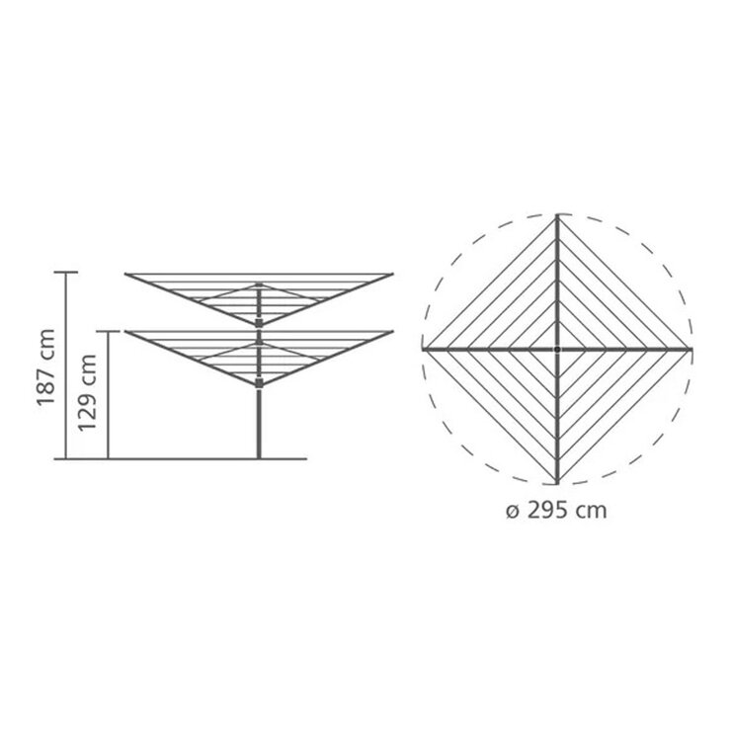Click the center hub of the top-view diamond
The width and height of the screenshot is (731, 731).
click(x=558, y=349)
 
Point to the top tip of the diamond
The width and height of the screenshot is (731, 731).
click(x=558, y=214)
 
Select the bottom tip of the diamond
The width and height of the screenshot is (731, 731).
click(x=558, y=484)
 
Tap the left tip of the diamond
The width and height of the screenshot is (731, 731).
click(x=424, y=349)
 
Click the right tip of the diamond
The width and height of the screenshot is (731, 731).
click(x=691, y=349)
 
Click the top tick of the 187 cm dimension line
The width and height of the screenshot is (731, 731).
click(x=65, y=272)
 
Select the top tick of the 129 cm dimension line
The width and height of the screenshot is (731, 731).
click(x=110, y=332)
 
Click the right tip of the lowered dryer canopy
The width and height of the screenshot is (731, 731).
click(x=394, y=332)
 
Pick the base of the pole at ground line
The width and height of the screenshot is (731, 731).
click(x=260, y=457)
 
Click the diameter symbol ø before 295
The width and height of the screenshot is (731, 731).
click(x=510, y=512)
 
